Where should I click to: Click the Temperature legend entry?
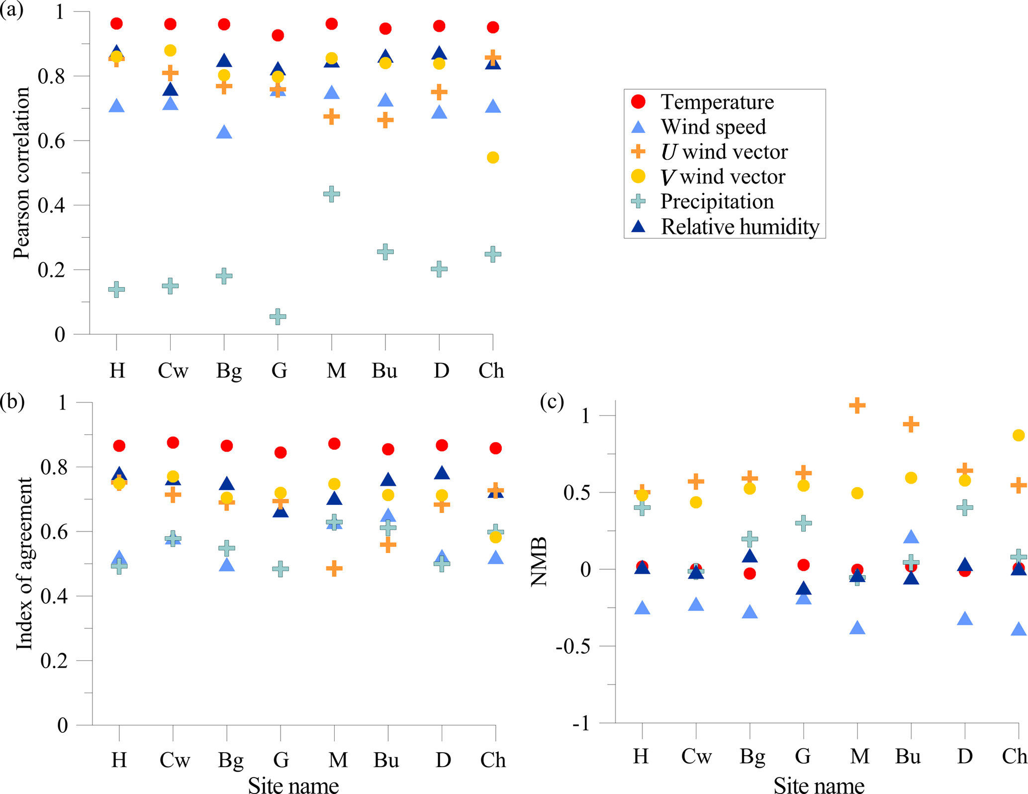[717, 102]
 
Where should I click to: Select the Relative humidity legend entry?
[740, 227]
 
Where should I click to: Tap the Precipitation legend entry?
[717, 201]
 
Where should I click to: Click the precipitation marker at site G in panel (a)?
[278, 316]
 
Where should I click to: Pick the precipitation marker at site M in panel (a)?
[332, 194]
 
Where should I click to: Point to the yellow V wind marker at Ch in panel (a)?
[493, 158]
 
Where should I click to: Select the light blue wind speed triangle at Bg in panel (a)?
[224, 132]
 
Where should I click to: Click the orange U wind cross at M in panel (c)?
[857, 405]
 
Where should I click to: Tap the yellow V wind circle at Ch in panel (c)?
[1019, 435]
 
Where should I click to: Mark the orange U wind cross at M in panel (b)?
[334, 568]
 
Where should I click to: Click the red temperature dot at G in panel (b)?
[280, 452]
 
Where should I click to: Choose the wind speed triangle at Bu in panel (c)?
[911, 537]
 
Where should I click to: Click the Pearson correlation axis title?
[21, 173]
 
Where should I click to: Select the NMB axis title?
[539, 562]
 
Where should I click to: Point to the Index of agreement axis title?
[24, 563]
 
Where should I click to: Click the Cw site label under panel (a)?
[173, 370]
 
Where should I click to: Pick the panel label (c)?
[552, 401]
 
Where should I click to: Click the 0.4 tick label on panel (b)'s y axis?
[54, 596]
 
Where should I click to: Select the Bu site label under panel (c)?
[908, 756]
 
